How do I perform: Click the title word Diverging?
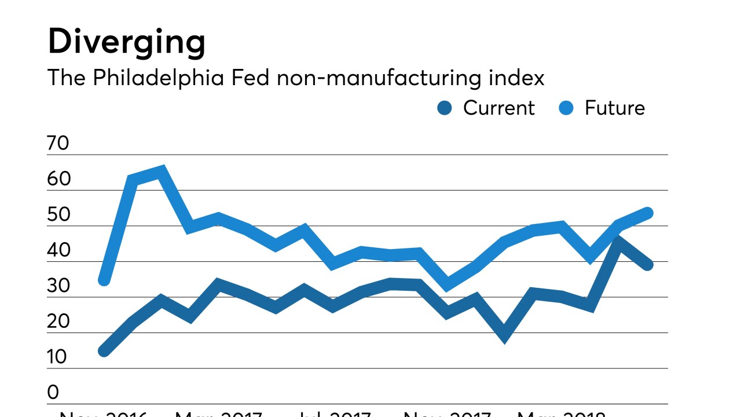tap(126, 42)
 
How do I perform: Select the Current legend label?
tap(498, 108)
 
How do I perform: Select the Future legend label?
tap(614, 108)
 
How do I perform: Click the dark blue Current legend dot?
tap(445, 108)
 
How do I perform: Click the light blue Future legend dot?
tap(566, 108)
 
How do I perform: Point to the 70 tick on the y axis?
tap(58, 143)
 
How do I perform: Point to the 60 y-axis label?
tap(58, 179)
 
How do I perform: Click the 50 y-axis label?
tap(58, 215)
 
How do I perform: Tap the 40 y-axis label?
tap(58, 251)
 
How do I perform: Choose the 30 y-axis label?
tap(58, 286)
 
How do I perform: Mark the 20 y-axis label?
tap(58, 322)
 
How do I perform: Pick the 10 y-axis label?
tap(58, 357)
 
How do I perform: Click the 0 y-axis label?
tap(53, 393)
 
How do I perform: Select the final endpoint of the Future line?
tap(648, 213)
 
